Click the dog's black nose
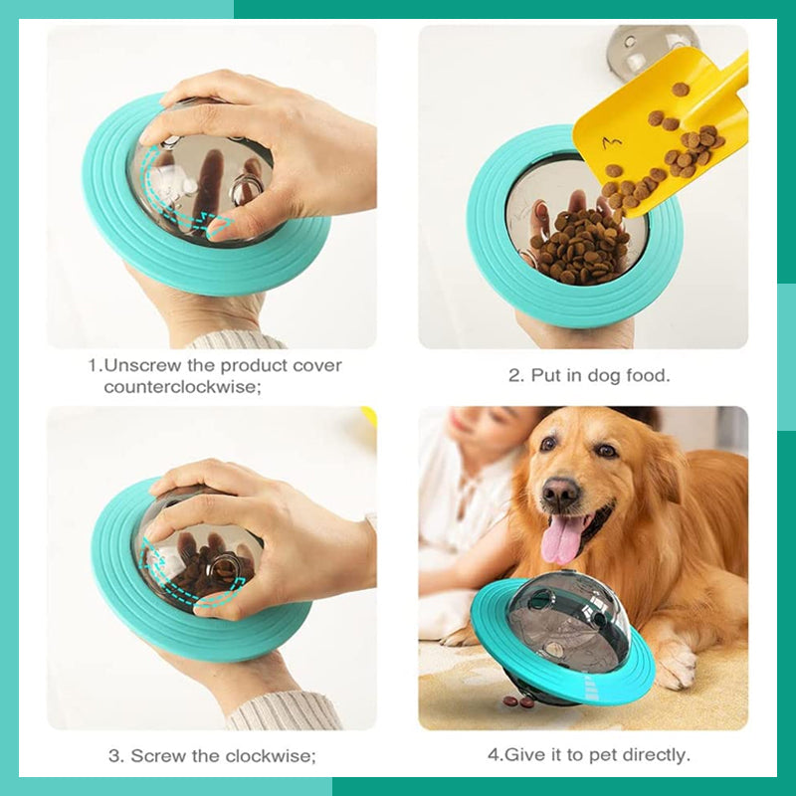tap(561, 493)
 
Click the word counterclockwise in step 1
tap(182, 387)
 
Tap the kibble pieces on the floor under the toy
tap(517, 701)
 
